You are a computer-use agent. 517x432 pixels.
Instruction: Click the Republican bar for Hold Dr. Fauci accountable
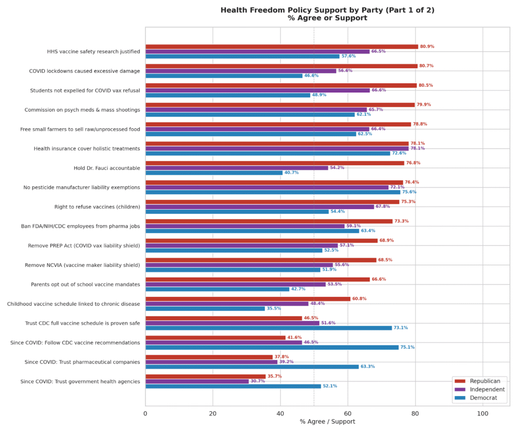[275, 163]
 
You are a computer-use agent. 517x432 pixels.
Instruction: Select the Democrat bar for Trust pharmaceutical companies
[252, 367]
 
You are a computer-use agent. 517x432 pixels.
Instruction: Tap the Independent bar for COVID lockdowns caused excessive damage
[241, 71]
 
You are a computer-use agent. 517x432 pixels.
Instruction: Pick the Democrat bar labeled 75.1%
[272, 347]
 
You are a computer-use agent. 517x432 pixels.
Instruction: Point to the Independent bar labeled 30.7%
[197, 381]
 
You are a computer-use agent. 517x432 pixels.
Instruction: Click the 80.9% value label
[427, 47]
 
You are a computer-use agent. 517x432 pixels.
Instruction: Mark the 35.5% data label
[274, 308]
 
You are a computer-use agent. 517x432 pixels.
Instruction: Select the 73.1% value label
[401, 328]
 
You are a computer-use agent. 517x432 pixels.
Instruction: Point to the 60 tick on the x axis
[348, 413]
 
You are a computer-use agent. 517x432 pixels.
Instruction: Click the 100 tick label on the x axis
[483, 413]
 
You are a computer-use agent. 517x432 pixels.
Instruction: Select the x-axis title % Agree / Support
[327, 422]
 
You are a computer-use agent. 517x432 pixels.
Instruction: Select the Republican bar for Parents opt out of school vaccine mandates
[257, 280]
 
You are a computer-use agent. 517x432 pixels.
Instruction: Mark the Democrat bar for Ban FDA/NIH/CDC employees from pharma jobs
[252, 231]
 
